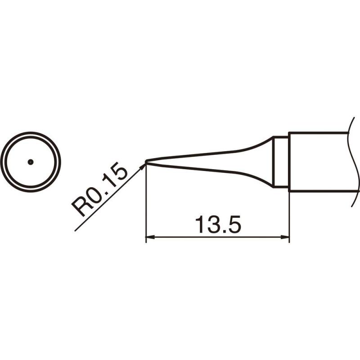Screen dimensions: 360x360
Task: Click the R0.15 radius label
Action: point(99,189)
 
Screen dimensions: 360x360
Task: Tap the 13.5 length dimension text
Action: point(218,224)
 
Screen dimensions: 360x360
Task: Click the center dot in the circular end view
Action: point(31,162)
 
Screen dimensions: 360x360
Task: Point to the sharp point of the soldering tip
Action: point(146,162)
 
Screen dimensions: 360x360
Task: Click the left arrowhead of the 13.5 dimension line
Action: point(150,237)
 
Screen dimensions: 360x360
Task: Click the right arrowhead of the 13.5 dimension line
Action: point(285,237)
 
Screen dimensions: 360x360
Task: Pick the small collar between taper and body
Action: point(280,162)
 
